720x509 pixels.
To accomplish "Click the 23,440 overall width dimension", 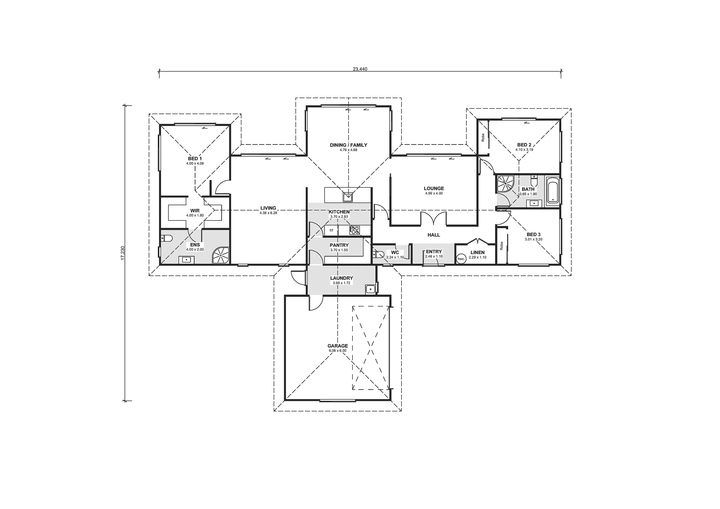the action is pos(360,69).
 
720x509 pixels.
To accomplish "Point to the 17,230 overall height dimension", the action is pos(123,253).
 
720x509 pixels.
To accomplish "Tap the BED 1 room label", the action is pos(195,159).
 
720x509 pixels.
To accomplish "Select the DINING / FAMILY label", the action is pos(348,145).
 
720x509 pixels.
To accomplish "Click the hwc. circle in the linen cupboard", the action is pos(461,259).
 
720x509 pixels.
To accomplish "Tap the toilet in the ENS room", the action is pos(166,239).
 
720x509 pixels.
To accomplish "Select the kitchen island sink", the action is pos(348,197).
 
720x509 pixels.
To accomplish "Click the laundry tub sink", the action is pos(370,289).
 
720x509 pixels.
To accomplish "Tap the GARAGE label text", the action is pos(338,346).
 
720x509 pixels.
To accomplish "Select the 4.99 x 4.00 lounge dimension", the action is pos(434,193).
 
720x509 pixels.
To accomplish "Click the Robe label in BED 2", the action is pos(483,137).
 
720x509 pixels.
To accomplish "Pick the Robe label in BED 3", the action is pos(501,246).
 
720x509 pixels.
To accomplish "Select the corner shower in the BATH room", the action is pos(505,184).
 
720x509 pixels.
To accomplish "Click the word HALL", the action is pos(434,235).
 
